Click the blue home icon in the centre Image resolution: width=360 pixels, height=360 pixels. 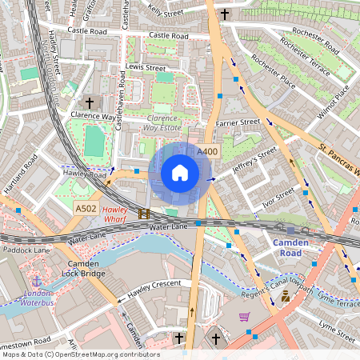[x=180, y=173]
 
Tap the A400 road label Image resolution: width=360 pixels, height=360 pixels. [x=207, y=152]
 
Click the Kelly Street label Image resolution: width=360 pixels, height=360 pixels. [x=166, y=12]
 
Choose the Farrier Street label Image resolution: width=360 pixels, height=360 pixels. [x=238, y=122]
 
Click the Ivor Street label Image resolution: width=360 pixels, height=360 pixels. [x=278, y=197]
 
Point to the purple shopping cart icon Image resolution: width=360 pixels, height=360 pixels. [x=244, y=317]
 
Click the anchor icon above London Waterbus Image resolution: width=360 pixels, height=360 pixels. [x=36, y=282]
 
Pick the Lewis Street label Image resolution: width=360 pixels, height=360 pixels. [x=146, y=68]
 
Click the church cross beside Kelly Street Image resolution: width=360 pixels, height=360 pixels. [x=225, y=14]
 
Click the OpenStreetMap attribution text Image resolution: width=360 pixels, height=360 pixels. [x=81, y=354]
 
